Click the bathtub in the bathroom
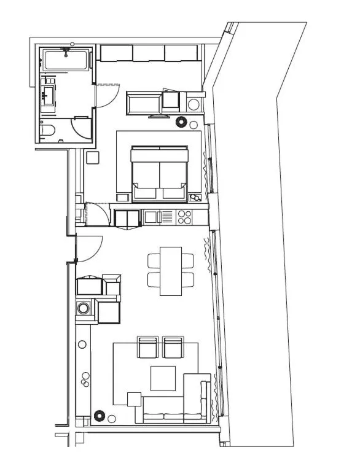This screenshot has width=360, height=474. (x=66, y=60)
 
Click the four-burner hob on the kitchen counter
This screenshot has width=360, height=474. (x=184, y=217)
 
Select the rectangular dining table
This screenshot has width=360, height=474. (x=171, y=271)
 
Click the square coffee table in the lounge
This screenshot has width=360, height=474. (x=163, y=378)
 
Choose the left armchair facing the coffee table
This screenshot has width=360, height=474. (x=148, y=348)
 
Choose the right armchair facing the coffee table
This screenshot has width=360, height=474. (x=173, y=348)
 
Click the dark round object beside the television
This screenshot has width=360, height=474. (x=181, y=122)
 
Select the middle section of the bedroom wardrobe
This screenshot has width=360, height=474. (x=149, y=53)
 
